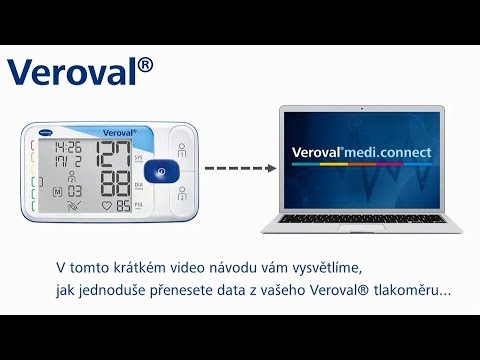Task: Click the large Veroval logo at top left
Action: click(x=80, y=71)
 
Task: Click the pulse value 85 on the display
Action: click(x=123, y=208)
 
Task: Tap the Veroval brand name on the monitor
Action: click(x=118, y=132)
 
